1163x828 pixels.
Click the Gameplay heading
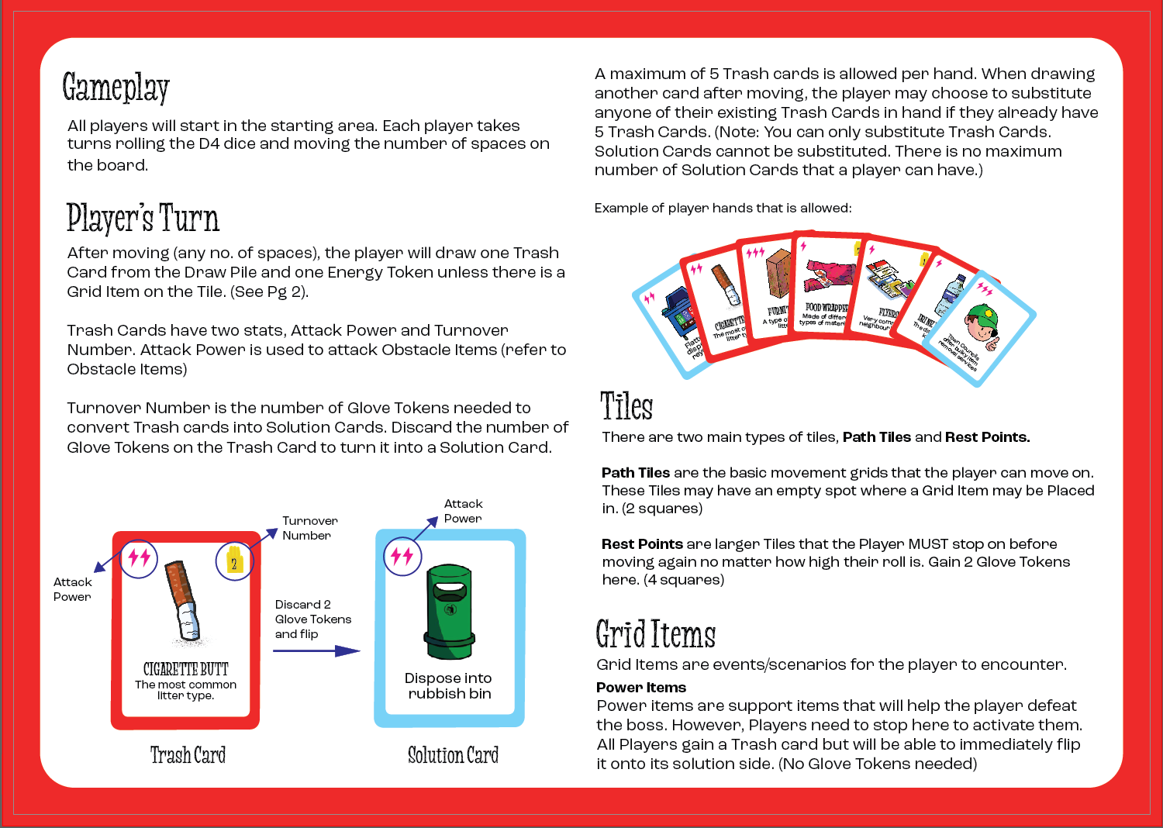(116, 88)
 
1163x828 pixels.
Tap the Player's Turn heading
(143, 218)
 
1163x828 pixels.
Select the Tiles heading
(626, 406)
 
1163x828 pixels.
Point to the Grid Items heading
(655, 634)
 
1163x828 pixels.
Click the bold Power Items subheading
(641, 688)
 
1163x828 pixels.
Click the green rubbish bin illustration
(448, 612)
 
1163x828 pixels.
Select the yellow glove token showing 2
(233, 560)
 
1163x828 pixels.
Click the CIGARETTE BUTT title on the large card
(186, 669)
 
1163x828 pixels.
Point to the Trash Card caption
(188, 755)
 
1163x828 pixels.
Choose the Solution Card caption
(453, 755)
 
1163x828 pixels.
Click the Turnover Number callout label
(309, 528)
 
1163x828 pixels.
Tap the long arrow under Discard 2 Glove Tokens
(316, 651)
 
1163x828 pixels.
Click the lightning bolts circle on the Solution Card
(402, 556)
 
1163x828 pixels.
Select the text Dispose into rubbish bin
(449, 686)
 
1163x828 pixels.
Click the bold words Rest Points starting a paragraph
(642, 544)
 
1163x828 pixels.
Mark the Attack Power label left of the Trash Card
(72, 589)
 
